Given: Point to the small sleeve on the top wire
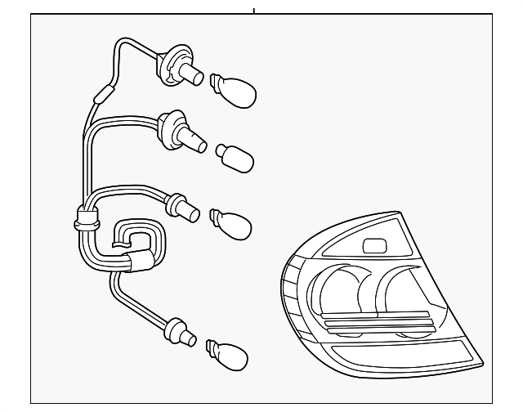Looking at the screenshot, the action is click(x=102, y=94).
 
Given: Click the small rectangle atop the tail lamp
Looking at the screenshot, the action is click(x=375, y=244).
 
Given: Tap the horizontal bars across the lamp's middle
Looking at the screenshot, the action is click(x=378, y=320).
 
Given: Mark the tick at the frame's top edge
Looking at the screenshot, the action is click(x=253, y=11).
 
